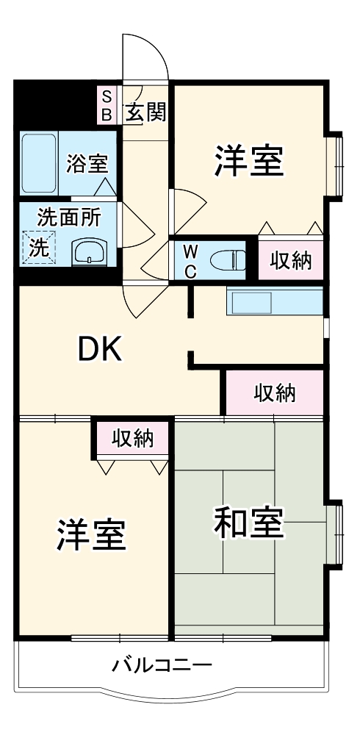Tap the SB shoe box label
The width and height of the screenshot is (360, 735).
(107, 104)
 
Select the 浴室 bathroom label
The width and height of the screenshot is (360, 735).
(87, 163)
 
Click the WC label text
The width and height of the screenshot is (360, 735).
(190, 260)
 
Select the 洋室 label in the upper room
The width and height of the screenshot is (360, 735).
(249, 162)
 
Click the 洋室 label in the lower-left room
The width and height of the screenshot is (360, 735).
(92, 534)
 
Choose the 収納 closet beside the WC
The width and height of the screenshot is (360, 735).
(291, 259)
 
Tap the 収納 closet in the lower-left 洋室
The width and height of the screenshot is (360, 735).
(132, 439)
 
